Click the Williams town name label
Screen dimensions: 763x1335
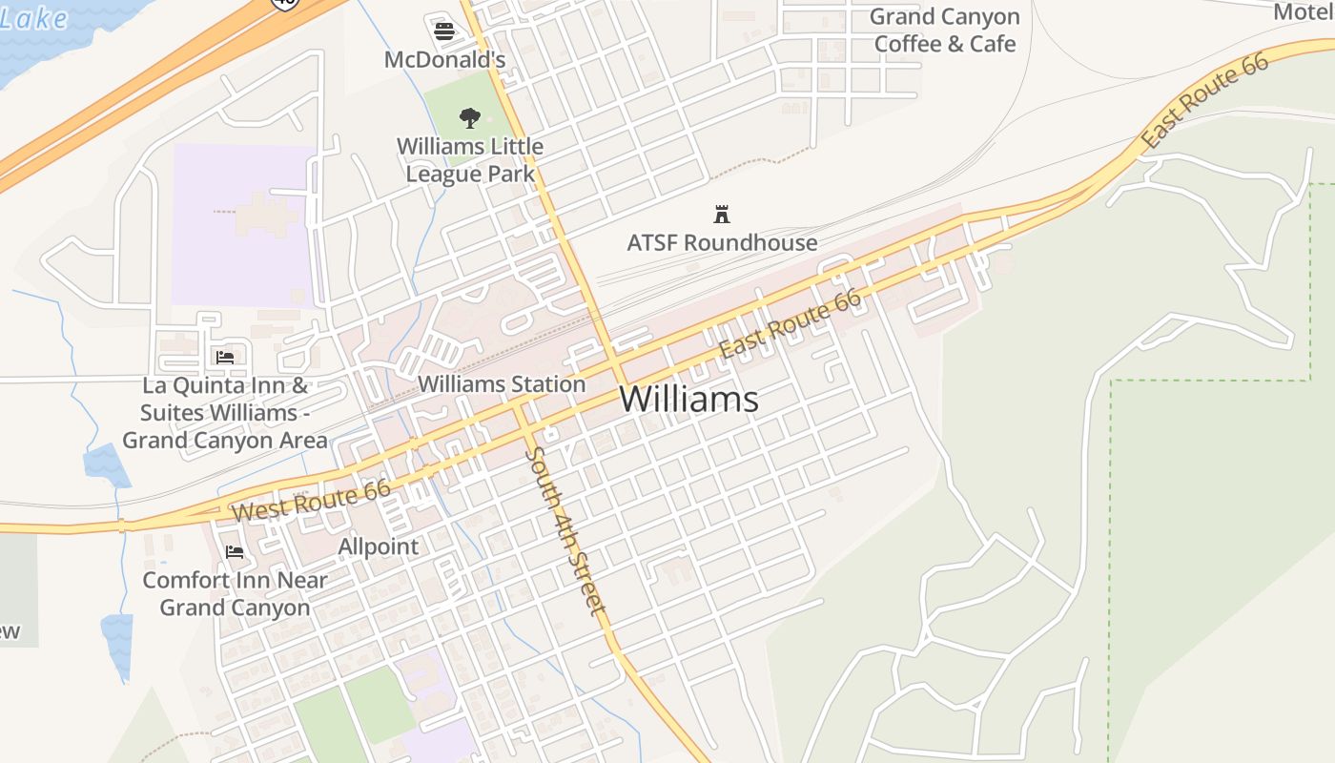688,399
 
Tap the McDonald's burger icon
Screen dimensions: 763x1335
444,31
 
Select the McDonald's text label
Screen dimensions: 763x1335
444,59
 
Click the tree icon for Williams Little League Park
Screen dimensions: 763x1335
469,118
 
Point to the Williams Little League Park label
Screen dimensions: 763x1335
470,160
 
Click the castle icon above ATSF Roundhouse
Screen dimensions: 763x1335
722,214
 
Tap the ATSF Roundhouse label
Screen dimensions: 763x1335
722,242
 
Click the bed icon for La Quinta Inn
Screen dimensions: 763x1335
225,358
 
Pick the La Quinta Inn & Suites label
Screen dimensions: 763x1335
225,413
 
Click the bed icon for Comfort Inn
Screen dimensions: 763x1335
235,552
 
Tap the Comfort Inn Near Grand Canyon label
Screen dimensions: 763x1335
235,593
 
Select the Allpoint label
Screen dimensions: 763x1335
379,546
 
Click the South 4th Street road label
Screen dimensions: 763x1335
566,530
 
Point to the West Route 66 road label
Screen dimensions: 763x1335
311,501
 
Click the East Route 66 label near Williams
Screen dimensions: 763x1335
791,323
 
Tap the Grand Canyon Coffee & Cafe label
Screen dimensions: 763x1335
945,31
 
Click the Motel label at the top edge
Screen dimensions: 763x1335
1303,11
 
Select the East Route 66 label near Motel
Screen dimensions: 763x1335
1205,100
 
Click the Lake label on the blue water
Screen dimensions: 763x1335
34,19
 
